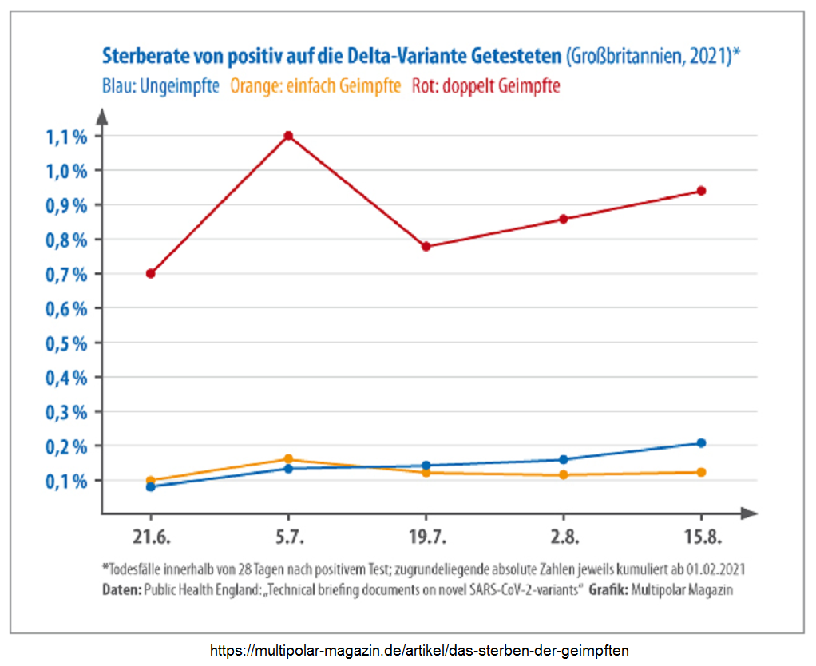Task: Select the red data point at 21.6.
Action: point(150,273)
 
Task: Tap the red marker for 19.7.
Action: point(426,246)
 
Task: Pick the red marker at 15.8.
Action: point(701,191)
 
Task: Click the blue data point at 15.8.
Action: point(701,443)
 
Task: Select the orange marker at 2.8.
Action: point(564,475)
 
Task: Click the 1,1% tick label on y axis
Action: point(65,137)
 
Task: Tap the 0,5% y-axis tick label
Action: point(65,343)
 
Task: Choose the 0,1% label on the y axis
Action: point(65,482)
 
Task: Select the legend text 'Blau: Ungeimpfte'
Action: point(160,85)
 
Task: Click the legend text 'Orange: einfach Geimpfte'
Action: point(315,85)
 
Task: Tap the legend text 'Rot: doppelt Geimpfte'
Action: point(485,85)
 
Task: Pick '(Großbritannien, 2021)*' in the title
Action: point(653,57)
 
